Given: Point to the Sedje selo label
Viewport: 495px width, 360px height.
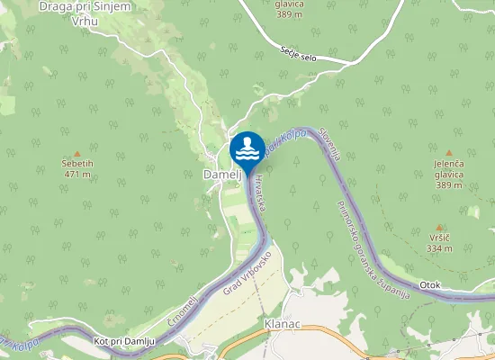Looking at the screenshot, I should (x=300, y=56).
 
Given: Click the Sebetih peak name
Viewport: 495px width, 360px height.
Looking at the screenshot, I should (x=77, y=164).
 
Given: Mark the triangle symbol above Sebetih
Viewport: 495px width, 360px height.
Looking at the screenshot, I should (x=77, y=153).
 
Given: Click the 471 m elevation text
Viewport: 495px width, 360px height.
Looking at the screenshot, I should (x=77, y=175).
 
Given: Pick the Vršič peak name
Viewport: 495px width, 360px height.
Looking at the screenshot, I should (x=439, y=238).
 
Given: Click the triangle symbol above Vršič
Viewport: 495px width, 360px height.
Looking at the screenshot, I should (x=439, y=227).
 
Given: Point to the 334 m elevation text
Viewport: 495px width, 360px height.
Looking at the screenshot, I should (x=439, y=248).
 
